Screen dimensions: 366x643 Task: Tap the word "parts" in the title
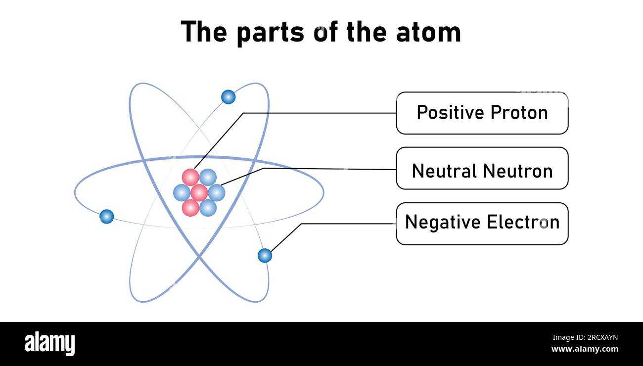tap(270, 32)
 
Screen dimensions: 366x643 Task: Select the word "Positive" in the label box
tap(450, 113)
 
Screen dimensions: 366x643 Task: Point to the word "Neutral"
tap(444, 171)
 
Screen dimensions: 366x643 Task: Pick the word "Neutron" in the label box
tap(517, 171)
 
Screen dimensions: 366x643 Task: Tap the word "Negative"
tap(443, 222)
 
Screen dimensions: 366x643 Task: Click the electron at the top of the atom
tap(228, 97)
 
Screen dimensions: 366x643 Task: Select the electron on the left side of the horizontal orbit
tap(106, 217)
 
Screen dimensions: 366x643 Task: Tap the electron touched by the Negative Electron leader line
tap(265, 256)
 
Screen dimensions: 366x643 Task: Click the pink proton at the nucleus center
tap(199, 192)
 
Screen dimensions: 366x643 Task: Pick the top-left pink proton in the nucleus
tap(190, 177)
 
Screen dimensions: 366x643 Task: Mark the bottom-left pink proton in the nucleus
tap(190, 208)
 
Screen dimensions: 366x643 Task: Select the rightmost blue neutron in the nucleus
tap(217, 192)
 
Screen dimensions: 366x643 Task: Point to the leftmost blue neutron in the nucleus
tap(182, 192)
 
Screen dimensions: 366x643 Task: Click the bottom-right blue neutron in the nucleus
tap(208, 208)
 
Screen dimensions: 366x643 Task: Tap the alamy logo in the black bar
tap(49, 344)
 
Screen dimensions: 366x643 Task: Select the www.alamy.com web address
tap(584, 349)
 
